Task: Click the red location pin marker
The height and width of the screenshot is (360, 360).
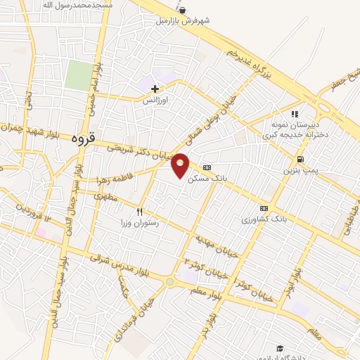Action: [181, 165]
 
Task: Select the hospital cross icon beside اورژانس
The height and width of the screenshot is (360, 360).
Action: [156, 89]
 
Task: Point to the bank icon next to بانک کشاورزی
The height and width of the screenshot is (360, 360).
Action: [264, 208]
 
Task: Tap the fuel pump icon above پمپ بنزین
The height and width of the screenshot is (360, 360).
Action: [300, 159]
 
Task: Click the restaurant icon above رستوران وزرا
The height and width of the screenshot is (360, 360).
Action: [139, 212]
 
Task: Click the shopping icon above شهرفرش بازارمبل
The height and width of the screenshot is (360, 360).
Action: [184, 10]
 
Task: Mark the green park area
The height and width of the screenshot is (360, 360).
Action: [79, 75]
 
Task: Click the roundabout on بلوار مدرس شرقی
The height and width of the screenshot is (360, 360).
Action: [170, 282]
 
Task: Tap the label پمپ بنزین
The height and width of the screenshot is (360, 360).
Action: [297, 171]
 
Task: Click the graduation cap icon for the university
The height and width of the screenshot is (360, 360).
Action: [281, 349]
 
